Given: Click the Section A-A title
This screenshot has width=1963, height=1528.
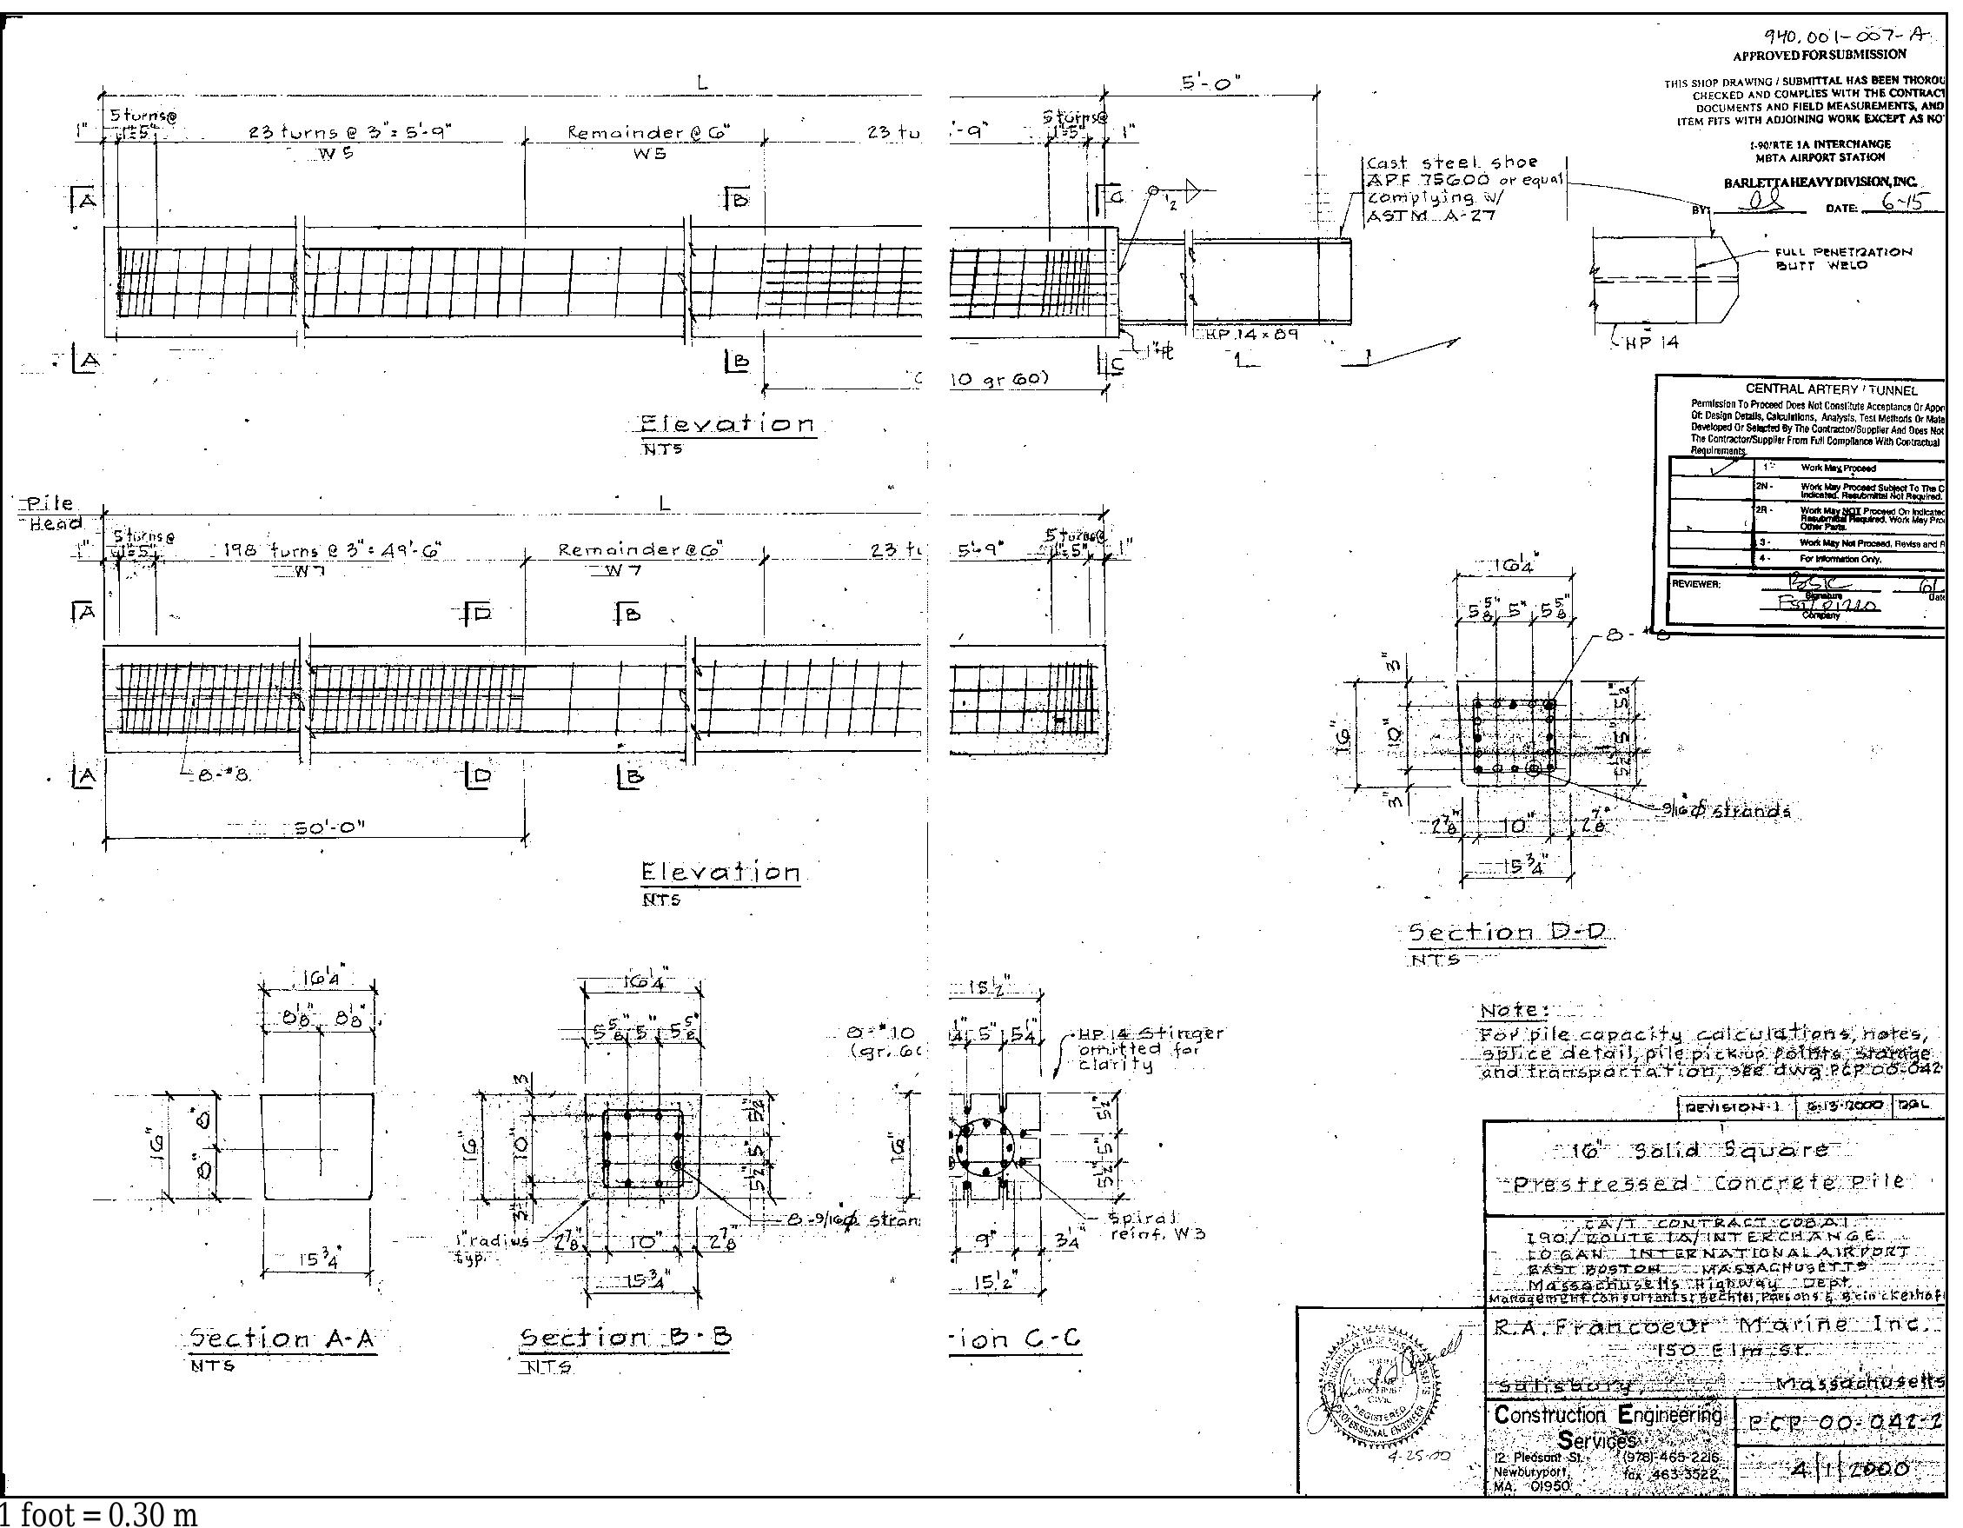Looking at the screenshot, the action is click(282, 1339).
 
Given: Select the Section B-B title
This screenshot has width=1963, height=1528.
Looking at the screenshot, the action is click(627, 1338).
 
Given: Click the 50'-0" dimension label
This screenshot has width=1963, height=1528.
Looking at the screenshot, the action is click(331, 827).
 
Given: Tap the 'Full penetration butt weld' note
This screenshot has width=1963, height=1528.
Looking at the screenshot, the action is click(1842, 259).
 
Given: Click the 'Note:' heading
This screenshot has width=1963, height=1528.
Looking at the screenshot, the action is click(1515, 1009).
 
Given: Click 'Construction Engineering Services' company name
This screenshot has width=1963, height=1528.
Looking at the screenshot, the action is click(1607, 1426).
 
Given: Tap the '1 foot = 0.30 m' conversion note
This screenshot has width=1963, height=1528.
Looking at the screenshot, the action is click(99, 1514).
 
